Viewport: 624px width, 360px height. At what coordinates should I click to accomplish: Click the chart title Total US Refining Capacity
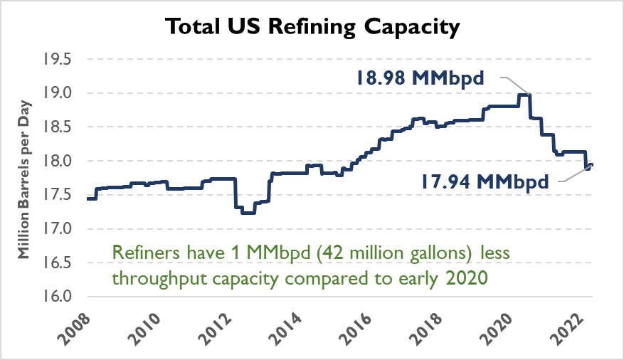(x=312, y=28)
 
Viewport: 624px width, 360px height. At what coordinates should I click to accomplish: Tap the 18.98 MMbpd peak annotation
(x=421, y=78)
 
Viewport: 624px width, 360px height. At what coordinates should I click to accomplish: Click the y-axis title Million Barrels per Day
(x=23, y=178)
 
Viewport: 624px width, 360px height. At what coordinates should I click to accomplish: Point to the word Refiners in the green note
(x=142, y=253)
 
